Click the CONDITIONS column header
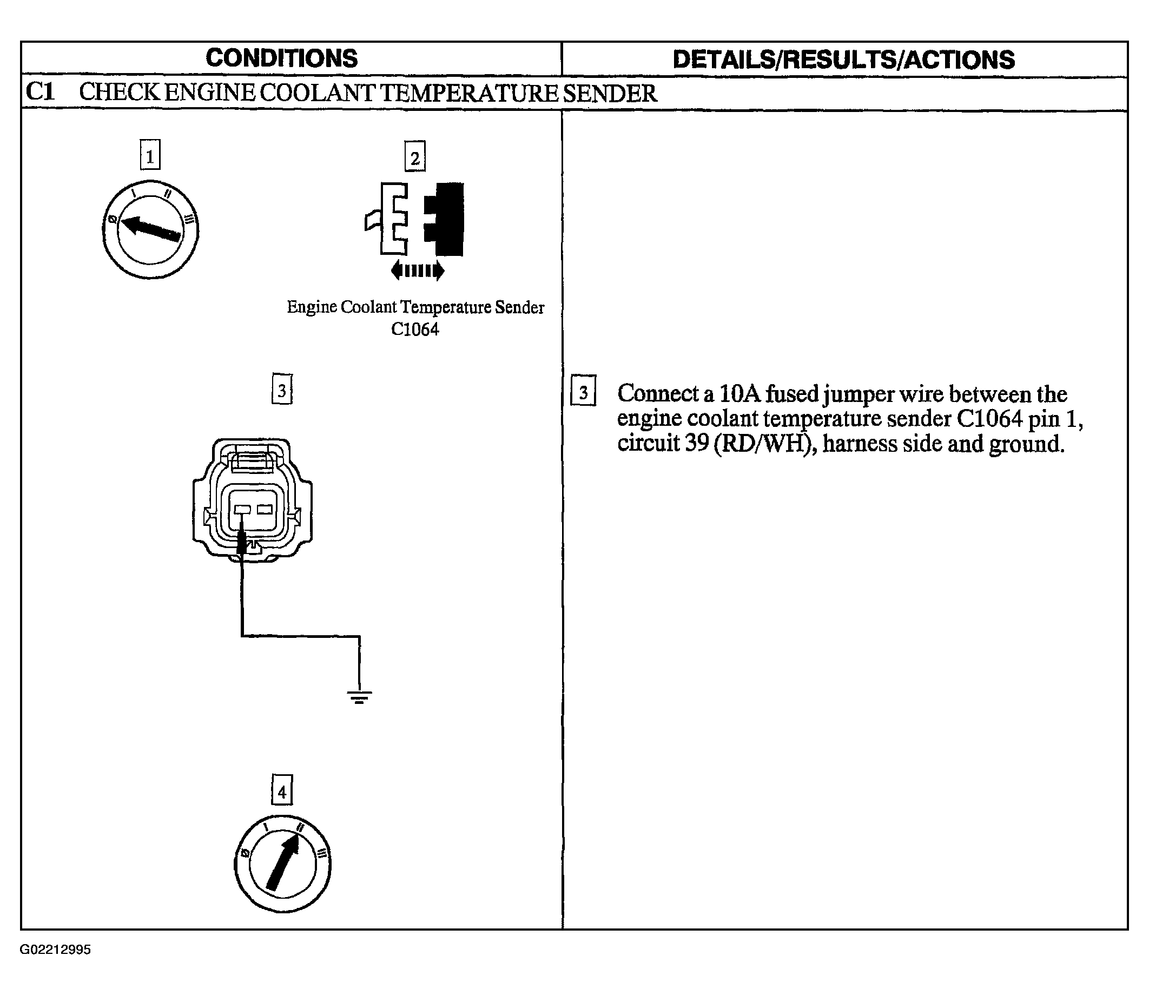[281, 58]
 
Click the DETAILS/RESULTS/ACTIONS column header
[844, 60]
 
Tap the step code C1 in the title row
[41, 92]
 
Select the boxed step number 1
[150, 155]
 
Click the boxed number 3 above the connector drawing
[282, 389]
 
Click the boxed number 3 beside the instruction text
[583, 391]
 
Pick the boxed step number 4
[282, 790]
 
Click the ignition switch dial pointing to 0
[150, 229]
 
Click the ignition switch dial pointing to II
[282, 864]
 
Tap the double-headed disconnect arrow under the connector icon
[418, 271]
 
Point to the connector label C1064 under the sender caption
[414, 330]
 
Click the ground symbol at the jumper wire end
[359, 697]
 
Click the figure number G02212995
[56, 950]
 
